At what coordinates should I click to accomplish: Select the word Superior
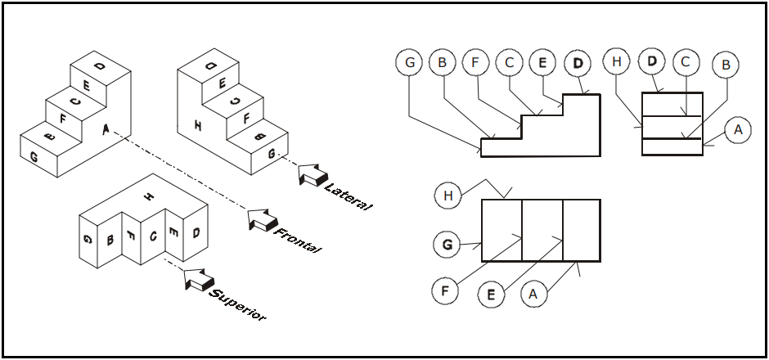click(237, 304)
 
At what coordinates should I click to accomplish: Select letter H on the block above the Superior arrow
click(148, 196)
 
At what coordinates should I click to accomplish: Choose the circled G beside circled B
click(408, 61)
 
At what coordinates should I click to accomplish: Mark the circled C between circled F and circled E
click(509, 61)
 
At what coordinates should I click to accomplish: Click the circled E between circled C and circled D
click(542, 61)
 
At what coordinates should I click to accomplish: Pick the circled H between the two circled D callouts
click(617, 61)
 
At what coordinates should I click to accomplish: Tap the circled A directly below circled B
click(737, 129)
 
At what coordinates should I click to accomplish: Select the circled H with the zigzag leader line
click(447, 196)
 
